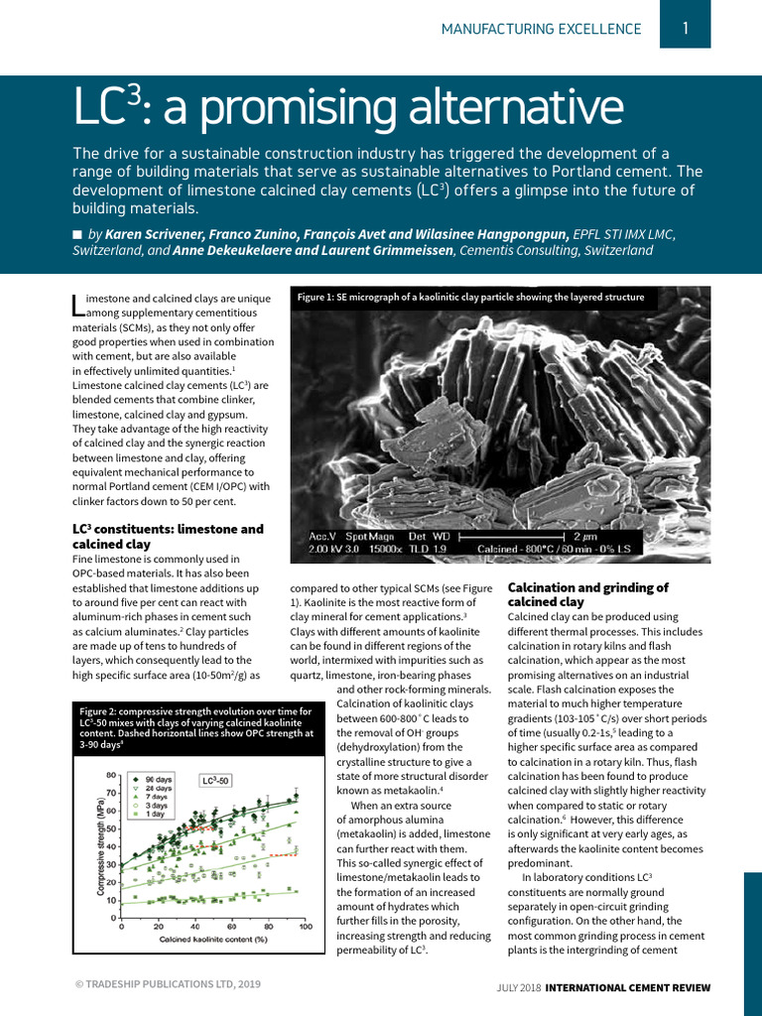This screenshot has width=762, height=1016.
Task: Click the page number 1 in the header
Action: (x=686, y=29)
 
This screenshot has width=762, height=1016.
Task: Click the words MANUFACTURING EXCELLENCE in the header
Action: (x=542, y=30)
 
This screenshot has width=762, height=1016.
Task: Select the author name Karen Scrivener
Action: (x=175, y=234)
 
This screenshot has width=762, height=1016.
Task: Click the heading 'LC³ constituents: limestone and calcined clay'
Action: (x=168, y=537)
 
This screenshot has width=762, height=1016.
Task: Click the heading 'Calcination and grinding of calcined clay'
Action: (x=588, y=594)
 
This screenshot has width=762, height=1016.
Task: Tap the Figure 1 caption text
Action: (x=471, y=297)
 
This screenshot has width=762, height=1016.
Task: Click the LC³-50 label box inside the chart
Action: (x=215, y=781)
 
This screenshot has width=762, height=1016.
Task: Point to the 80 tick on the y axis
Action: (x=112, y=775)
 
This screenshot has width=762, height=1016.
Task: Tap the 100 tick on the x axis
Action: (x=306, y=927)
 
